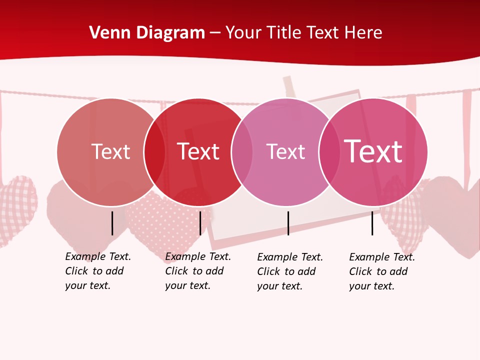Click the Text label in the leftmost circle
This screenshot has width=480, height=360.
coord(110,151)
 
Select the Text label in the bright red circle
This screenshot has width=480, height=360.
coord(198,151)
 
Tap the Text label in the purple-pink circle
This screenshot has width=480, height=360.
coord(285,151)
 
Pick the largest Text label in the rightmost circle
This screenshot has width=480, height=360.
coord(373,151)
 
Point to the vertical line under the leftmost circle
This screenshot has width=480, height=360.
coord(112,223)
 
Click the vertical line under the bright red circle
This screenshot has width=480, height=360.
coord(200,223)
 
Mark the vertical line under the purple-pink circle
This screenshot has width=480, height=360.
coord(288,223)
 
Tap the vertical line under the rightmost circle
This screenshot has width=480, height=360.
coord(372,223)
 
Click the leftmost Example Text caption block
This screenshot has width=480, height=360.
coord(97,271)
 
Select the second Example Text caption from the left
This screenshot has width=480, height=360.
coord(197,271)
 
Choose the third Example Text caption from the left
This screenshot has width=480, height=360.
coord(289,271)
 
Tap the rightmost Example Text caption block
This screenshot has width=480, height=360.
coord(381,271)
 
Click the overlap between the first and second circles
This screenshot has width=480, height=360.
coord(154,152)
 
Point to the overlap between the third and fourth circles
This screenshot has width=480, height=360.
coord(329,152)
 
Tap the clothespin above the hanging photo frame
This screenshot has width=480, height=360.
coord(289,87)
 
